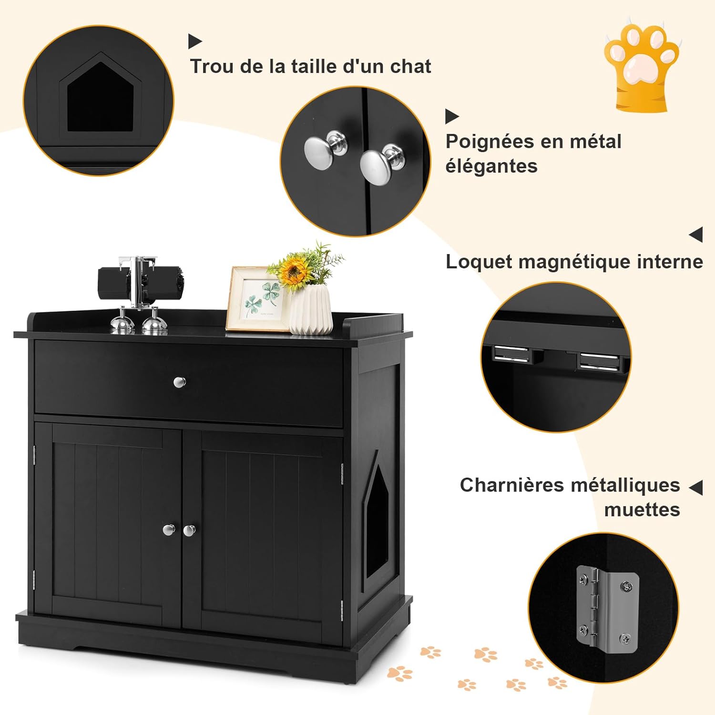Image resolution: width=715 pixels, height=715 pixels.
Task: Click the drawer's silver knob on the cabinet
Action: pos(180,382)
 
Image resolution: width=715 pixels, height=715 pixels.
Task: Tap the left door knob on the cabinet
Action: pos(169,530)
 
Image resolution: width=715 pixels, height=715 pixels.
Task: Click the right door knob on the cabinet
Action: pos(189,530)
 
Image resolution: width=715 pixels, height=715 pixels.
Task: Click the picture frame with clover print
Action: pos(257,299)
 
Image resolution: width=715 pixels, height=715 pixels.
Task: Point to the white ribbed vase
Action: pos(311,310)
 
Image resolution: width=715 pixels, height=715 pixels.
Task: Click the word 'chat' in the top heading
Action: pos(410,66)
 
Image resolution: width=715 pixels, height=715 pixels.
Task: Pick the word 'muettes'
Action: pos(642,510)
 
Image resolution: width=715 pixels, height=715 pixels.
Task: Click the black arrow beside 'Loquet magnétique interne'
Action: pos(695,235)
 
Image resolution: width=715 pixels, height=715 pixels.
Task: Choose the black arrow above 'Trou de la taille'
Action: pos(195,41)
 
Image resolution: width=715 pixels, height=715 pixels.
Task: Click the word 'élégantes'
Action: pos(491,166)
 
